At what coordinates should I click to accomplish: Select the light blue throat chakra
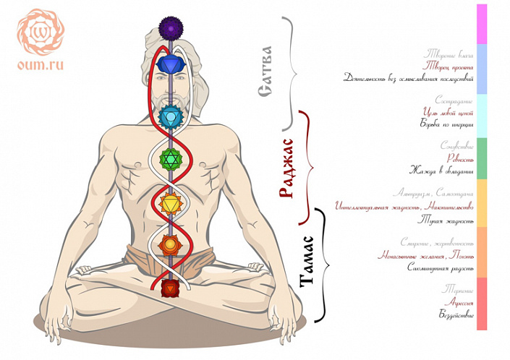pos(169,113)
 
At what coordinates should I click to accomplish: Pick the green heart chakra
pos(170,158)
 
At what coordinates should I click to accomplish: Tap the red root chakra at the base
pos(169,288)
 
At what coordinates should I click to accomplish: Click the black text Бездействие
pos(456,314)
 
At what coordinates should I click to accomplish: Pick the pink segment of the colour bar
pos(482,24)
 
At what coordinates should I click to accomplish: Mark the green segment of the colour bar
pos(482,158)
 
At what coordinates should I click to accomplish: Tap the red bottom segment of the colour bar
pos(482,304)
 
